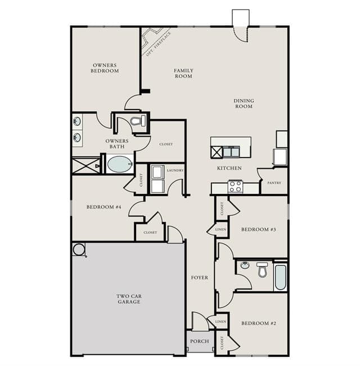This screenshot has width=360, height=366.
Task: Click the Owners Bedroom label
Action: [x=105, y=68]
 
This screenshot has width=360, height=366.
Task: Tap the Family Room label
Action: [x=183, y=73]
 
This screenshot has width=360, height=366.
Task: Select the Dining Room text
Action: [x=244, y=103]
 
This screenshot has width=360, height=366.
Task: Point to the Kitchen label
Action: [x=229, y=168]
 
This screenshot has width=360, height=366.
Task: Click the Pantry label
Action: [x=274, y=183]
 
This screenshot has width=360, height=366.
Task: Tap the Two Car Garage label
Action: [x=129, y=299]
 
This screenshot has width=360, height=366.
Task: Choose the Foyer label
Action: [x=199, y=278]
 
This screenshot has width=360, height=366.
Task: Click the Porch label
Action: [x=199, y=341]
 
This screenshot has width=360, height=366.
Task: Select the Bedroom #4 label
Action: [x=104, y=207]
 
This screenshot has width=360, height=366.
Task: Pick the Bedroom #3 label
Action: [x=259, y=229]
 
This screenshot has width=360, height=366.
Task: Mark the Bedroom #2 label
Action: [x=259, y=323]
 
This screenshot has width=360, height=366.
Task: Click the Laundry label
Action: [x=175, y=170]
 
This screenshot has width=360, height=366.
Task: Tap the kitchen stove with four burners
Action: [x=235, y=186]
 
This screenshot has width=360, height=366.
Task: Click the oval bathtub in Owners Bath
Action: [x=120, y=164]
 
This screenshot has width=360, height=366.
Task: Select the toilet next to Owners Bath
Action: [x=138, y=121]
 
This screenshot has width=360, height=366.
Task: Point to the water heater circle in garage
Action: [x=79, y=249]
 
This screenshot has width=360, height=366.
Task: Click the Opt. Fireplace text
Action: [x=159, y=44]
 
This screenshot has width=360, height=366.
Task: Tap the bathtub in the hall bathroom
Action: [x=280, y=277]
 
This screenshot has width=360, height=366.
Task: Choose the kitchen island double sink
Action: [x=231, y=152]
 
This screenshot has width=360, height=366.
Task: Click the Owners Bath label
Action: [x=117, y=144]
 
